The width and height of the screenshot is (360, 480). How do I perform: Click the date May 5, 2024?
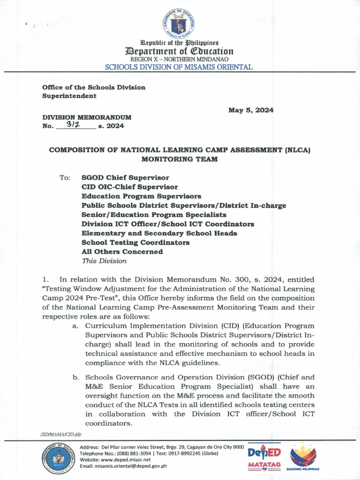tap(251, 110)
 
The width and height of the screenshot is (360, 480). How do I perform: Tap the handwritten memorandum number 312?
tap(74, 125)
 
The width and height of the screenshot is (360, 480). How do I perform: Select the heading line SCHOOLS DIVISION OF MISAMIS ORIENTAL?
tap(179, 67)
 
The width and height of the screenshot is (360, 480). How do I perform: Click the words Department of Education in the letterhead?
tap(179, 51)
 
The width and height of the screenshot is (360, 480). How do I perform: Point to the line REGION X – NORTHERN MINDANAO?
tap(179, 59)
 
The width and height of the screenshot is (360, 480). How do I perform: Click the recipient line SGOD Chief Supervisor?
tap(125, 178)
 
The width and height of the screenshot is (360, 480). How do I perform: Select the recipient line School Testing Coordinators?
tap(135, 242)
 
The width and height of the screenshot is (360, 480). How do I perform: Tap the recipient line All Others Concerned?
tap(122, 252)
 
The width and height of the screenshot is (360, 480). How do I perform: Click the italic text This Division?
tap(104, 261)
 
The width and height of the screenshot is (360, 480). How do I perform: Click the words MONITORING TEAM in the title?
tap(180, 159)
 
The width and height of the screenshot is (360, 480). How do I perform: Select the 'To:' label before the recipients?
tap(65, 178)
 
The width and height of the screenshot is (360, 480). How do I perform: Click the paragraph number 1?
tap(45, 280)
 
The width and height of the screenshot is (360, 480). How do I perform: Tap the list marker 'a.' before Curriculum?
tap(75, 326)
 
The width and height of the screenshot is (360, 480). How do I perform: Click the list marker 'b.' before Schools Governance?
tap(75, 377)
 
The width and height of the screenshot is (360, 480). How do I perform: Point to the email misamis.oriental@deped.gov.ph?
tap(123, 465)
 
